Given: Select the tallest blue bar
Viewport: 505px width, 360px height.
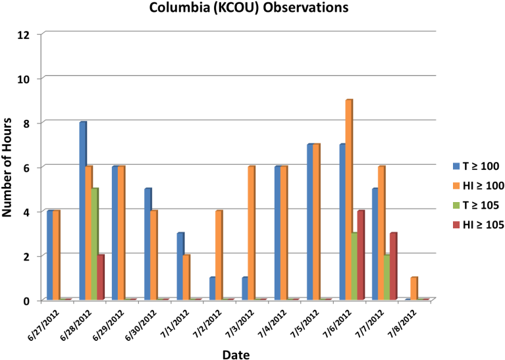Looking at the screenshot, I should click(82, 211).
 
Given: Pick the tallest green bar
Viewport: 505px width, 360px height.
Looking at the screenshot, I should click(95, 244).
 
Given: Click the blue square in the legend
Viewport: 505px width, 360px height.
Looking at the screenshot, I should click(456, 166).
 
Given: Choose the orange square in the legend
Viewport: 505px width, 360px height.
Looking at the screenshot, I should click(456, 186).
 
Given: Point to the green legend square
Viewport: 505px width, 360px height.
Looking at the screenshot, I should click(456, 205).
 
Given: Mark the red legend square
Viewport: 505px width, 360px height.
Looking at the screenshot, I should click(456, 225).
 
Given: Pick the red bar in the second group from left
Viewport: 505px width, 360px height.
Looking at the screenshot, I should click(101, 277).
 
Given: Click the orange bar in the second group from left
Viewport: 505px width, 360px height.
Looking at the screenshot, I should click(88, 233).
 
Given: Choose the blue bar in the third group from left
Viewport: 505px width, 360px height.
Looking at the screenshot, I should click(115, 233).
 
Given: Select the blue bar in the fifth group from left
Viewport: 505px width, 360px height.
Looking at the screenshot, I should click(180, 267).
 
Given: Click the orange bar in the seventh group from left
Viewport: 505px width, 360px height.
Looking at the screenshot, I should click(251, 233).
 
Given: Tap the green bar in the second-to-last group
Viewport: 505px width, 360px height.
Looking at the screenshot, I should click(386, 277).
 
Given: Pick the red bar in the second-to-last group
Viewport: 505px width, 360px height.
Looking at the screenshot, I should click(392, 267).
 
